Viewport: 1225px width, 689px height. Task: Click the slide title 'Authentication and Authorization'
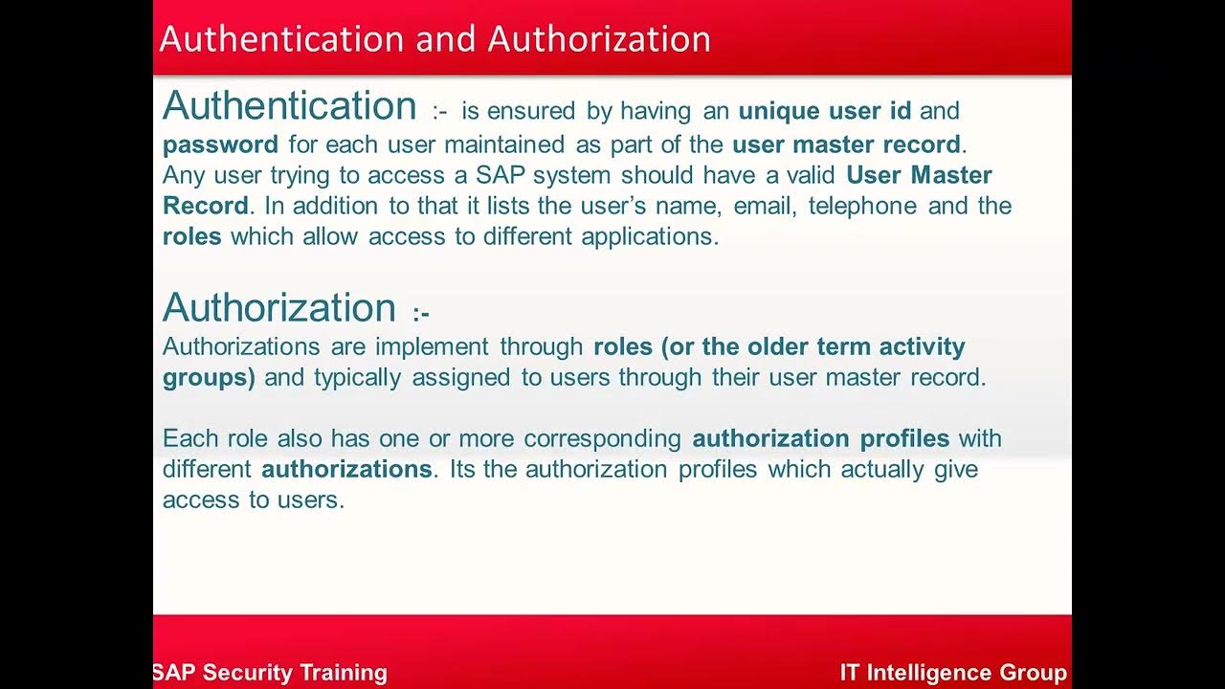[434, 39]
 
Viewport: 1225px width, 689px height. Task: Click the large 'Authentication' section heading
[290, 105]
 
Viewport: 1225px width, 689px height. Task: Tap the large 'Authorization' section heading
[279, 307]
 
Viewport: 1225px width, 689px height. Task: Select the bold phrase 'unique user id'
[824, 111]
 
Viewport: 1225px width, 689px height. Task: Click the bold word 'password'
[220, 145]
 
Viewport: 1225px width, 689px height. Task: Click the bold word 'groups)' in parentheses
[209, 377]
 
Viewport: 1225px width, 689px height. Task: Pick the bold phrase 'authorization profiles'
[820, 439]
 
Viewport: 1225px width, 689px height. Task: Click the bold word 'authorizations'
[346, 470]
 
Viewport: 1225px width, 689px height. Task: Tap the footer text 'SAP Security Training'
[270, 673]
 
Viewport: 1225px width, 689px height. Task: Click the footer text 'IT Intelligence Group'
[953, 673]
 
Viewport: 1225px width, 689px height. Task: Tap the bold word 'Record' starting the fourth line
[205, 206]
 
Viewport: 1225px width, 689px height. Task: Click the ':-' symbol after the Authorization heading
[421, 314]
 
